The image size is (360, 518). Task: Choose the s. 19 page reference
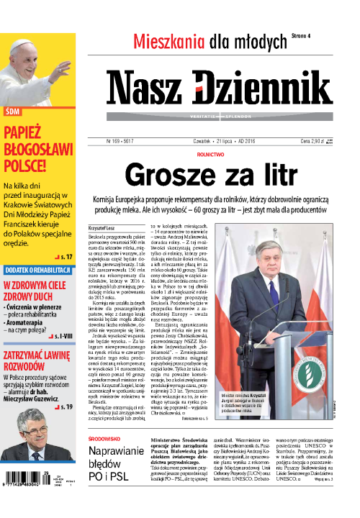click(x=63, y=407)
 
